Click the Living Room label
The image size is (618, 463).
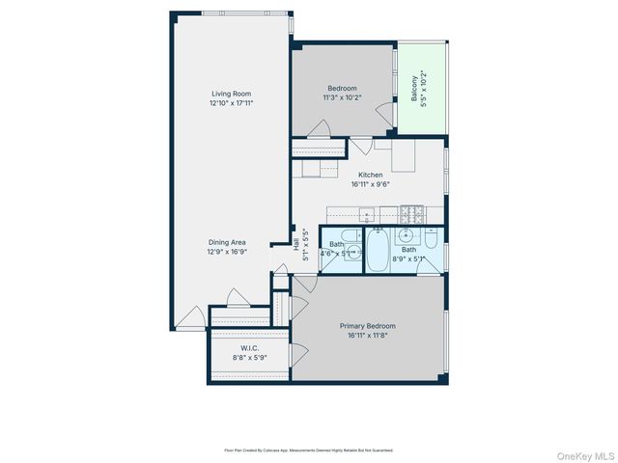(x=232, y=94)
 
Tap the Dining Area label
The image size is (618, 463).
(x=232, y=243)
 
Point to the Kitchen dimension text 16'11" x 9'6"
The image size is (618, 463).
(x=370, y=183)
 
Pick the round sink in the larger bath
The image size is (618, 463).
(x=407, y=234)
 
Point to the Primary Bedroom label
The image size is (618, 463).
(x=367, y=326)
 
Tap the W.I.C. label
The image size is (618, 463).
(x=248, y=348)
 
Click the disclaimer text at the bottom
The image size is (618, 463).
(x=308, y=449)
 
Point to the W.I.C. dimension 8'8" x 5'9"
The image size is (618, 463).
(x=248, y=357)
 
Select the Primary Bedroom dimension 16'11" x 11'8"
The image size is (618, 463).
(x=367, y=335)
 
